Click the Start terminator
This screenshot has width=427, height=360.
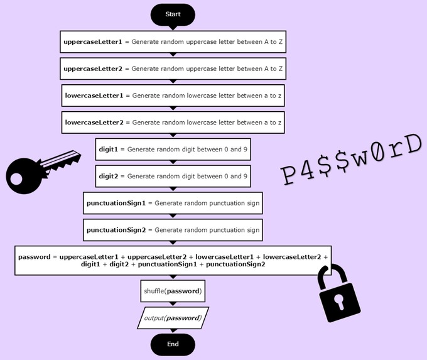coord(173,14)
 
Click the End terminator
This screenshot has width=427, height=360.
coord(173,344)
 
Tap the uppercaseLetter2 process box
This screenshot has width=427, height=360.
coord(173,68)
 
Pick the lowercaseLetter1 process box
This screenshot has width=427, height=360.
coord(173,95)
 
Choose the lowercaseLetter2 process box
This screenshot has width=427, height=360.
coord(173,123)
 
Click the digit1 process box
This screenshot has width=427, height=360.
coord(173,150)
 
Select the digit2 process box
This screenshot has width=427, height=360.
coord(173,176)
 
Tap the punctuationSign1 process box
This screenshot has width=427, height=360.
coord(173,204)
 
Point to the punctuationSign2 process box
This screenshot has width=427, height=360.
coord(173,230)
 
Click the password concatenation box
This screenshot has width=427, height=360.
coord(173,260)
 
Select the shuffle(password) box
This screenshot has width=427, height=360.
coord(173,291)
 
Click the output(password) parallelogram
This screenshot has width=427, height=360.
coord(173,318)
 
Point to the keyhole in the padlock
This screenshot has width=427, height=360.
coord(341,303)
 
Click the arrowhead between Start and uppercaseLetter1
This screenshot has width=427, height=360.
coord(173,28)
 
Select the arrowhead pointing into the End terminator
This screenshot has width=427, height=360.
coord(173,332)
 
